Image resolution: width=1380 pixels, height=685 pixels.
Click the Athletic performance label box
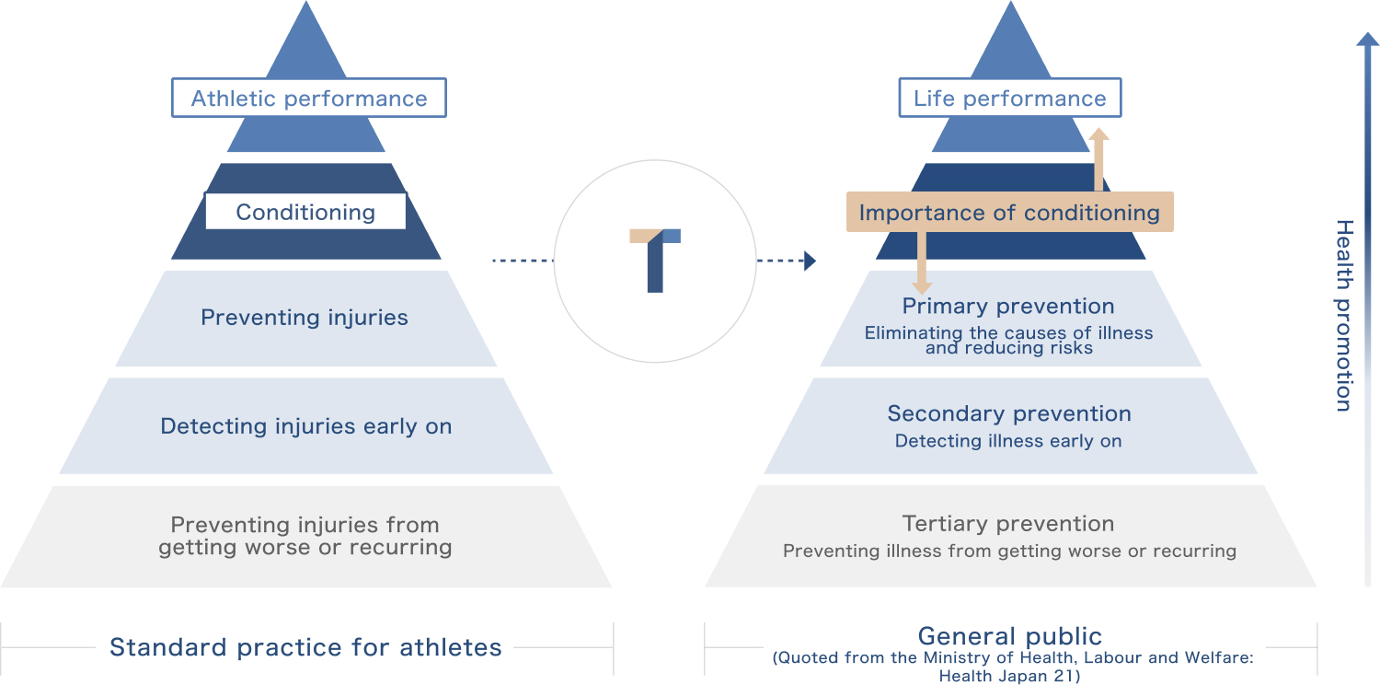309,99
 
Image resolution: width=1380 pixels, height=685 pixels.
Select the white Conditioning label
305,213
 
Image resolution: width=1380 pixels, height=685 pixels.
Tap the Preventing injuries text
305,318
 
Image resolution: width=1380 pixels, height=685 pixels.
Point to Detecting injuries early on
306,426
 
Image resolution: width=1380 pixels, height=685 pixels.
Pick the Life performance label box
1009,99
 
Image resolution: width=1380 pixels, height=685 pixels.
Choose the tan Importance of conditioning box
1009,213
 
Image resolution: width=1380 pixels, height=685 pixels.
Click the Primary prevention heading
1008,307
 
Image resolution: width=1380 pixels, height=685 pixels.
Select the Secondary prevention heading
1009,414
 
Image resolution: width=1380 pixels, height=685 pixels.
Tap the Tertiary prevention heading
1008,524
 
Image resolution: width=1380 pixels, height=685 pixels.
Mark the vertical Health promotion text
1344,315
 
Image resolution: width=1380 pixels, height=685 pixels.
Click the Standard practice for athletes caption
305,647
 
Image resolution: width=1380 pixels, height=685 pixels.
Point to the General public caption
1010,636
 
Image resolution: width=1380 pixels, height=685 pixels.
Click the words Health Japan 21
1009,676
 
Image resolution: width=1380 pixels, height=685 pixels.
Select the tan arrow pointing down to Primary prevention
922,267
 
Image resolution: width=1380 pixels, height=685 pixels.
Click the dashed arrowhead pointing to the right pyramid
810,261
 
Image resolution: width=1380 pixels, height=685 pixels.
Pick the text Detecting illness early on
1008,441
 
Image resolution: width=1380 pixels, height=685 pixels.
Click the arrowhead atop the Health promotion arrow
1368,41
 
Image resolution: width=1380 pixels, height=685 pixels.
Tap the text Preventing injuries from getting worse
305,536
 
